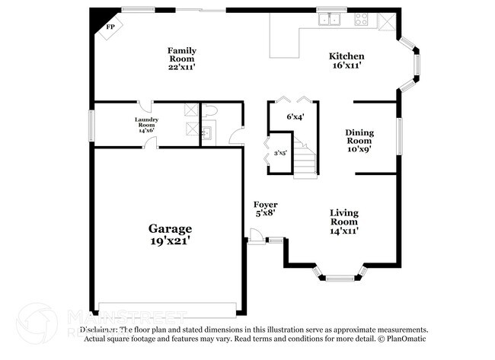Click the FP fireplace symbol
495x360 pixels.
pos(109,26)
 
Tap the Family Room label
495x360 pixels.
pos(182,59)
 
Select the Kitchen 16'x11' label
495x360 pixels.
pos(346,61)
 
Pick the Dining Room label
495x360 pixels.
pos(359,140)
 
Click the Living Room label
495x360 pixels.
pos(344,221)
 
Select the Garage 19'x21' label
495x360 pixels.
pos(170,234)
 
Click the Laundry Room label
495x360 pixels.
pos(145,125)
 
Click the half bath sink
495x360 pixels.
pos(206,135)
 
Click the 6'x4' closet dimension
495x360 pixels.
pos(295,117)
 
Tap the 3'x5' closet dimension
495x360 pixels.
pos(280,153)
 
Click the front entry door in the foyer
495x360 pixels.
pos(257,240)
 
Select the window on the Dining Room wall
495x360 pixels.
pos(398,135)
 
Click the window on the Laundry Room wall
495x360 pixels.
pos(91,123)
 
